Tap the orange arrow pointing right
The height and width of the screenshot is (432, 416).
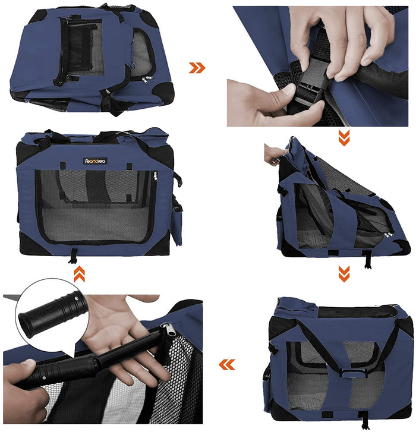[197, 68]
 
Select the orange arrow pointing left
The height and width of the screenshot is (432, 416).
[226, 364]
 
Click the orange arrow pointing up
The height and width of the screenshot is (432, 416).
[78, 274]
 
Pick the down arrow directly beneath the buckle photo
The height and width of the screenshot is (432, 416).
[344, 137]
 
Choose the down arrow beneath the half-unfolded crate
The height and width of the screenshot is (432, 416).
[344, 273]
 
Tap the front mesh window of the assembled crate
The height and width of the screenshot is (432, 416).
[95, 205]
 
